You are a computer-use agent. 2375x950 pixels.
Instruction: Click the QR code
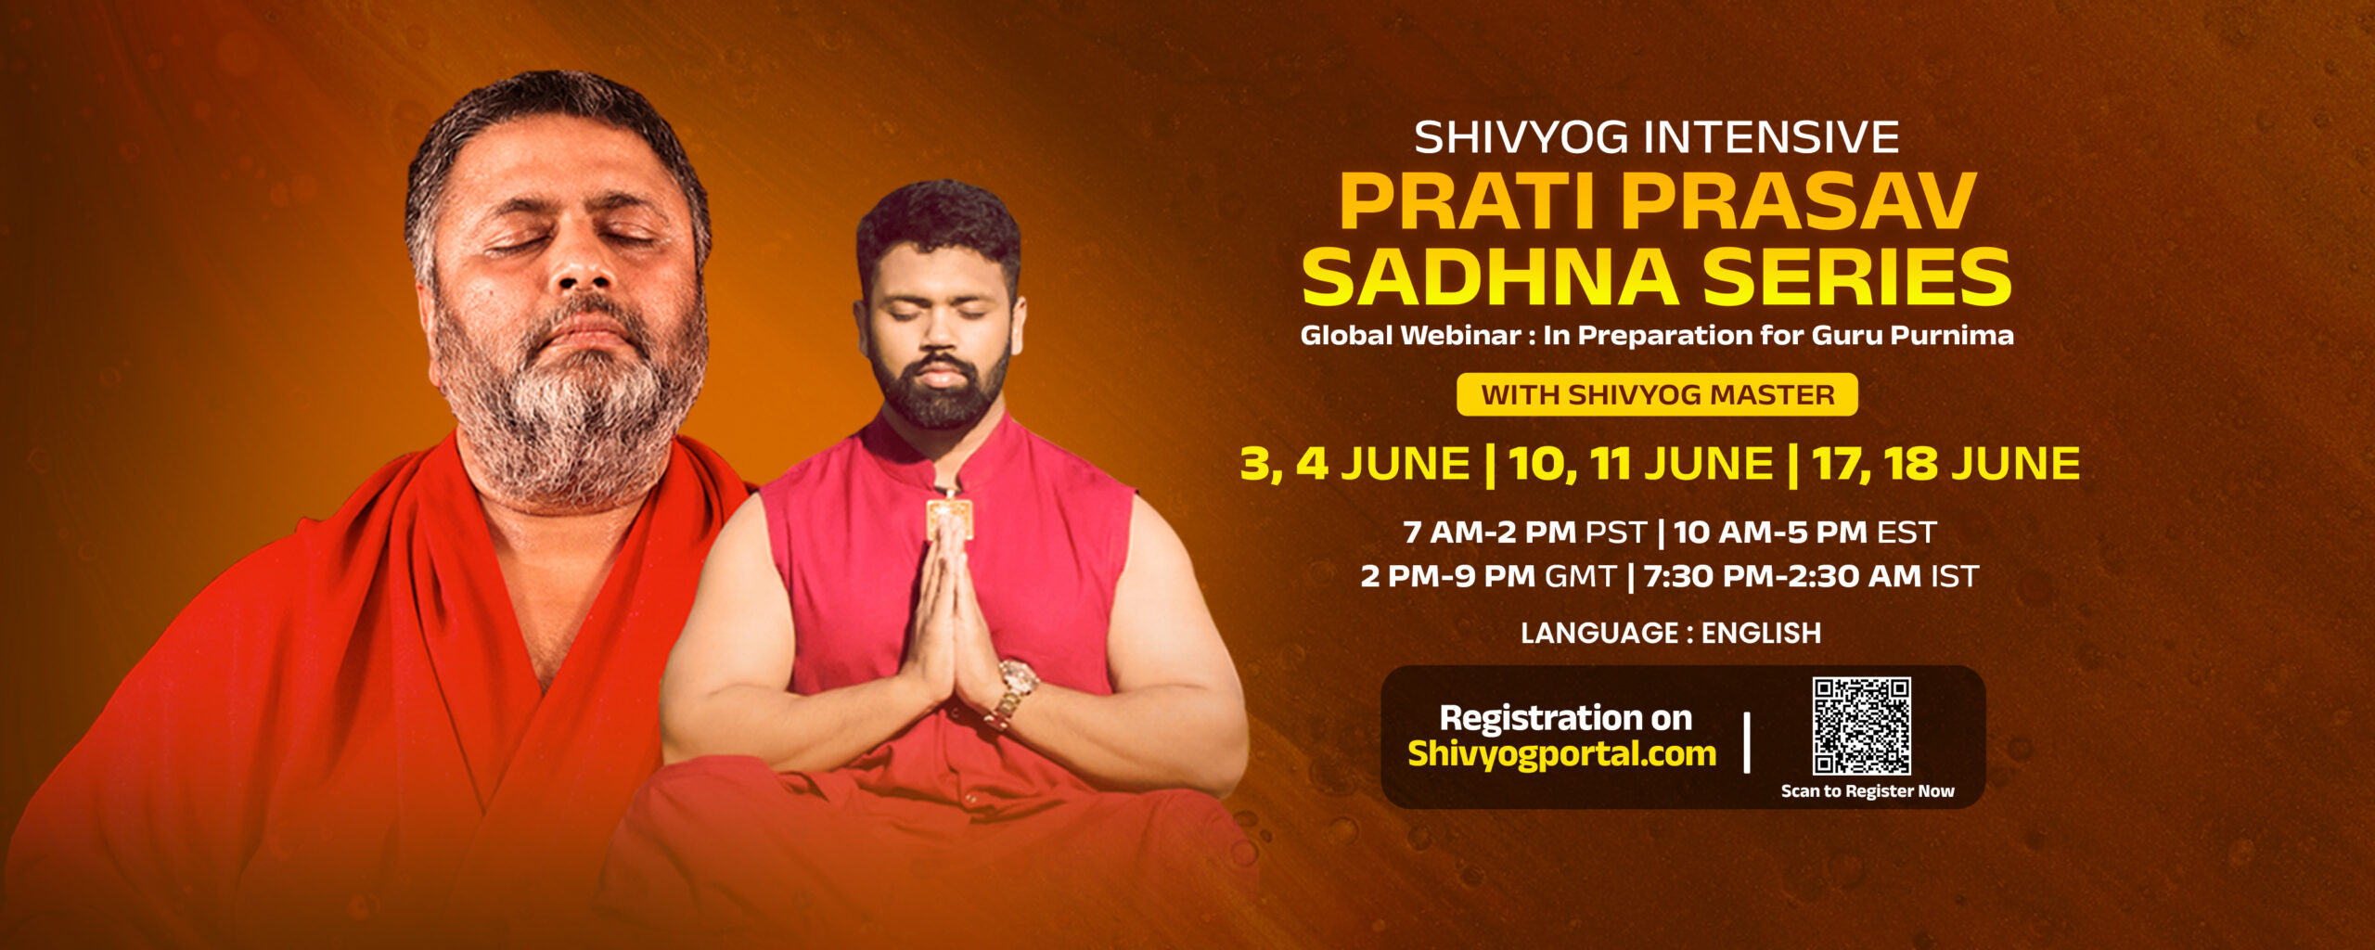[1861, 725]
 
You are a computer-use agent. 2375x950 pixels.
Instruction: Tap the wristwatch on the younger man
[1014, 690]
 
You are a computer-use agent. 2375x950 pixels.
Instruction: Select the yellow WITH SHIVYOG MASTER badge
[1657, 394]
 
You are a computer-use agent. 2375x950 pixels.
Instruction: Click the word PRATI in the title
[1470, 200]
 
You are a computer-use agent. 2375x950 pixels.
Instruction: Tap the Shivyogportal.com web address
[1562, 753]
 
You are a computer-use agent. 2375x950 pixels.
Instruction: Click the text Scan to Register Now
[1868, 791]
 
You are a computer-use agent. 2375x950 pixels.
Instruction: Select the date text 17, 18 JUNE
[1945, 464]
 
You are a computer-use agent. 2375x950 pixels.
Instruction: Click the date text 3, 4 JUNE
[1355, 464]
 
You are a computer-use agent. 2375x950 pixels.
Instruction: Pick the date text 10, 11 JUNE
[1641, 464]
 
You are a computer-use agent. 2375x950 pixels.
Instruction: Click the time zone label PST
[1616, 533]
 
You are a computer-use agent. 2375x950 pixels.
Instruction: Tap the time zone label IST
[1954, 576]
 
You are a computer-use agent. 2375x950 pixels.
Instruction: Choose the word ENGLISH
[1761, 633]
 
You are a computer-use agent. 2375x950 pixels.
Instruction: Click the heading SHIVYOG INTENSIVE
[1657, 137]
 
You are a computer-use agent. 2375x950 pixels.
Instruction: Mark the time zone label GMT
[1581, 576]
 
